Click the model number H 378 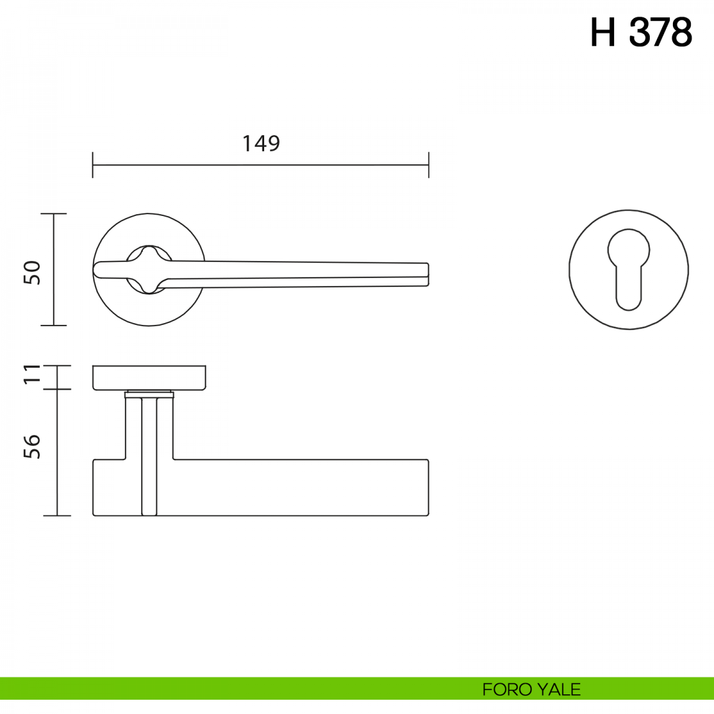click(x=641, y=33)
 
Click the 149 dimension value click(x=261, y=143)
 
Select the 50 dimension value click(x=32, y=273)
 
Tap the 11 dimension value click(x=32, y=374)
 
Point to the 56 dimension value click(x=32, y=446)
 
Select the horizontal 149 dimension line click(x=261, y=165)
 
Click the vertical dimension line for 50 click(x=54, y=270)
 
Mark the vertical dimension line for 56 click(x=57, y=452)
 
